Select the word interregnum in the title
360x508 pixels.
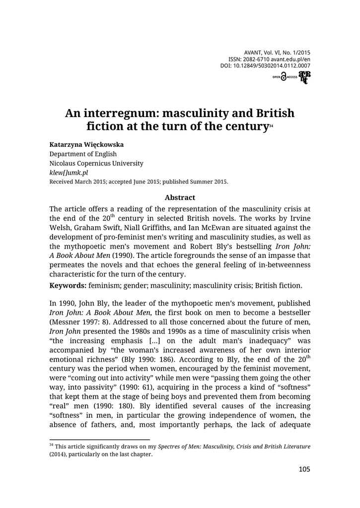pos(118,113)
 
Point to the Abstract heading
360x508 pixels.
pos(180,197)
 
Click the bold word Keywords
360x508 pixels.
pos(68,286)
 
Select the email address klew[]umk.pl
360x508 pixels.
pos(69,173)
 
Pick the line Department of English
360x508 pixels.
pos(81,154)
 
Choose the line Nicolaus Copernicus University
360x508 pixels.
pos(96,163)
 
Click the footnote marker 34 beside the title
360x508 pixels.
pos(271,128)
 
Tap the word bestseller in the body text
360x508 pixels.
pos(290,312)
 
